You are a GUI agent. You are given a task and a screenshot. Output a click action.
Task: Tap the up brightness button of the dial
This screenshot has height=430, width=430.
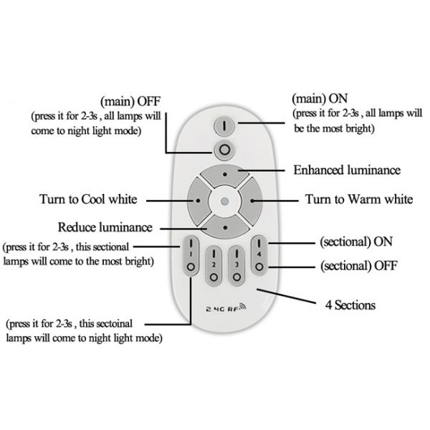coord(225,175)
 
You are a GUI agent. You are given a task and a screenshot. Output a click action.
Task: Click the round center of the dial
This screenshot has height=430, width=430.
coord(225,201)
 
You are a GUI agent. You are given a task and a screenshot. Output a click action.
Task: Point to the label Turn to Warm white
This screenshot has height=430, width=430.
coord(358,199)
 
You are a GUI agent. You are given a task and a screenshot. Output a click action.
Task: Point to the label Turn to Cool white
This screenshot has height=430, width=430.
coord(89,199)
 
